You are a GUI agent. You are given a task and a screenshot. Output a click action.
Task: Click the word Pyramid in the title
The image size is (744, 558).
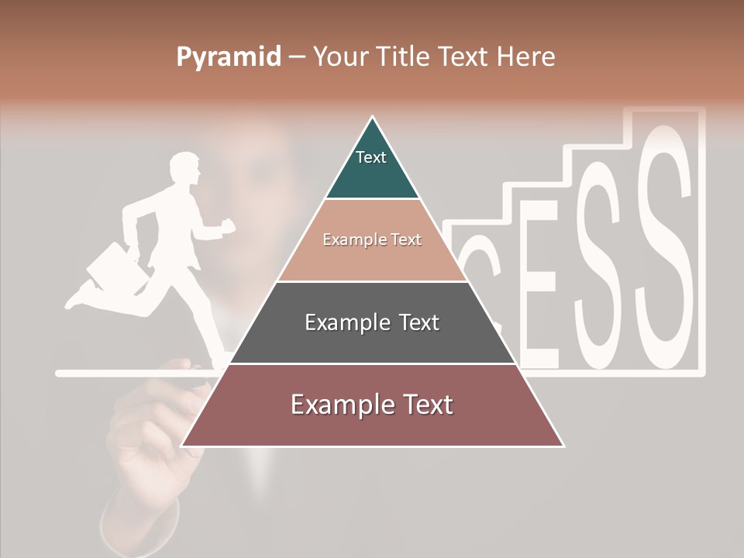[229, 57]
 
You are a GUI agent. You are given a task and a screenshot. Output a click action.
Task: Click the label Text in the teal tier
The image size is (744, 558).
[371, 157]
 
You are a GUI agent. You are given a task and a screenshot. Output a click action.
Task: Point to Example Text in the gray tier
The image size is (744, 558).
[372, 322]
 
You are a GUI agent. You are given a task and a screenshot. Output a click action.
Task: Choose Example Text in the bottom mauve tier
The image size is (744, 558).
[372, 405]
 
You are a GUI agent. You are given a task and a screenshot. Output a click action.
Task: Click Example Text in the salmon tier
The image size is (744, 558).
[372, 239]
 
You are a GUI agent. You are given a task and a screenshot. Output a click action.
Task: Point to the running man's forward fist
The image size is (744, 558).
[227, 226]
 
